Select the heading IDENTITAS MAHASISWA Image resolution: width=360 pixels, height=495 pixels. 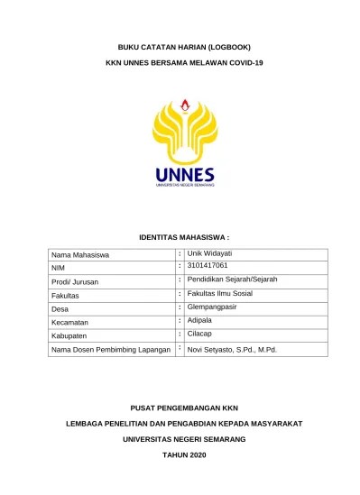click(184, 236)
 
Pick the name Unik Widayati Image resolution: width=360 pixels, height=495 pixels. click(210, 254)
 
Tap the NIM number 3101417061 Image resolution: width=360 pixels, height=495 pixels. click(208, 266)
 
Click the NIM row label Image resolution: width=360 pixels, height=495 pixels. click(59, 269)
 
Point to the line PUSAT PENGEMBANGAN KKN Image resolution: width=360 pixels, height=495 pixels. click(184, 407)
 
